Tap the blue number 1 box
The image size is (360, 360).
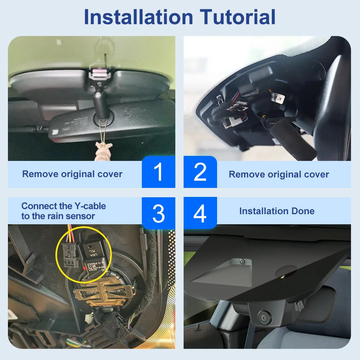coord(158,172)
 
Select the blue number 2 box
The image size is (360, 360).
coord(200,172)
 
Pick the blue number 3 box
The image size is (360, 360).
coord(158,213)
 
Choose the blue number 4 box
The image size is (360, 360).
coord(200,213)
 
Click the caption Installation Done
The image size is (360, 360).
coord(276,211)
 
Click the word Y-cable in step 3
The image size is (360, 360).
coord(90,206)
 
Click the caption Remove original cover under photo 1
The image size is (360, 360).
coord(72,174)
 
